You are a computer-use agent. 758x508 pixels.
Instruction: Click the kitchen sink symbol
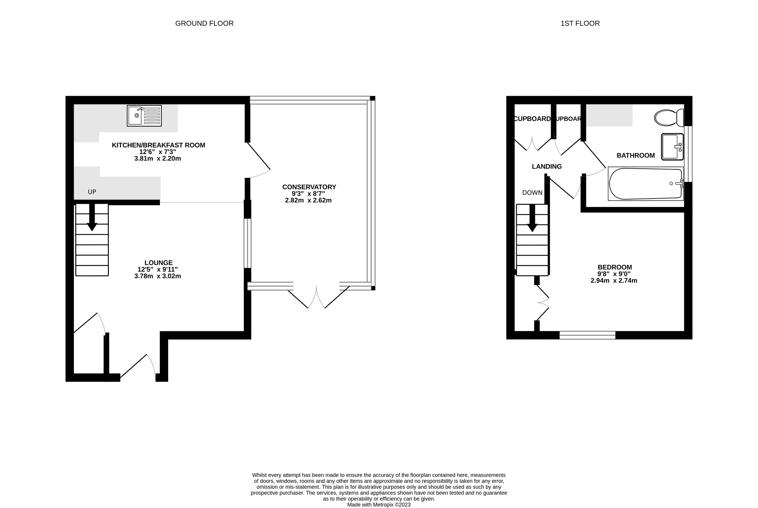click(144, 116)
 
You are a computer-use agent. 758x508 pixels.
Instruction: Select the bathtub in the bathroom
click(645, 184)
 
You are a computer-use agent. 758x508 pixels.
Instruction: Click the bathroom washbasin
click(672, 147)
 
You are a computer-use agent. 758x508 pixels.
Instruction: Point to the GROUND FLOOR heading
click(204, 23)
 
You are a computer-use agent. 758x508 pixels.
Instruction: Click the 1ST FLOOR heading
click(580, 23)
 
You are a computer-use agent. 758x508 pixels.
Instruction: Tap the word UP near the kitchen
click(92, 192)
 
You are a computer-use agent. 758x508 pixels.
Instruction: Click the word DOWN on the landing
click(532, 193)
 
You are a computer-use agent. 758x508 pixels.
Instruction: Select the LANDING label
click(547, 167)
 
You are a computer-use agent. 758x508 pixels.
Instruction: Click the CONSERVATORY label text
click(309, 187)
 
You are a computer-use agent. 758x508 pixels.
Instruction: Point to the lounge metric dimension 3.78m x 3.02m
click(158, 276)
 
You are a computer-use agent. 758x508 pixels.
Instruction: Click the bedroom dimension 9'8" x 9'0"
click(614, 274)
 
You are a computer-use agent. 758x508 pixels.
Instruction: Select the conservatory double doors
click(316, 297)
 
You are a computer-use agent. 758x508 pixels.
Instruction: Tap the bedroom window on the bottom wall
click(587, 335)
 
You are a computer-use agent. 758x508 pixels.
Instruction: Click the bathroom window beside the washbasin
click(690, 154)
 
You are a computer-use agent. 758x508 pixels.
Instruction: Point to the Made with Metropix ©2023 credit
click(379, 505)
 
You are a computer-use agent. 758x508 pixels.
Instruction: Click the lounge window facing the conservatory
click(247, 243)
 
